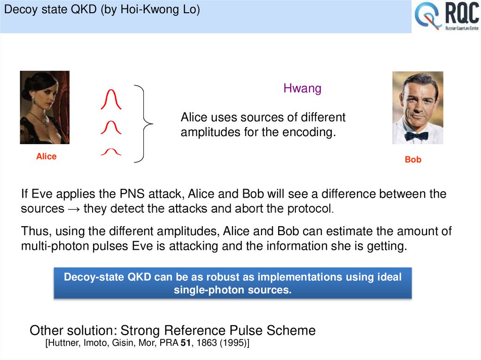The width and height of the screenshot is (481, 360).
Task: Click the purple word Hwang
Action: [x=302, y=88]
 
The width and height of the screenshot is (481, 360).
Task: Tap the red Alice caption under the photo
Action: [x=46, y=156]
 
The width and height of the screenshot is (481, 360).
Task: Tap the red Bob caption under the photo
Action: [x=413, y=160]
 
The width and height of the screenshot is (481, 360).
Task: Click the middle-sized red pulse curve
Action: [x=111, y=127]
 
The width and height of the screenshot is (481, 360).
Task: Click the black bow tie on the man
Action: [x=416, y=136]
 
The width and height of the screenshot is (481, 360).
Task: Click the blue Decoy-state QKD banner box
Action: [x=233, y=283]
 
